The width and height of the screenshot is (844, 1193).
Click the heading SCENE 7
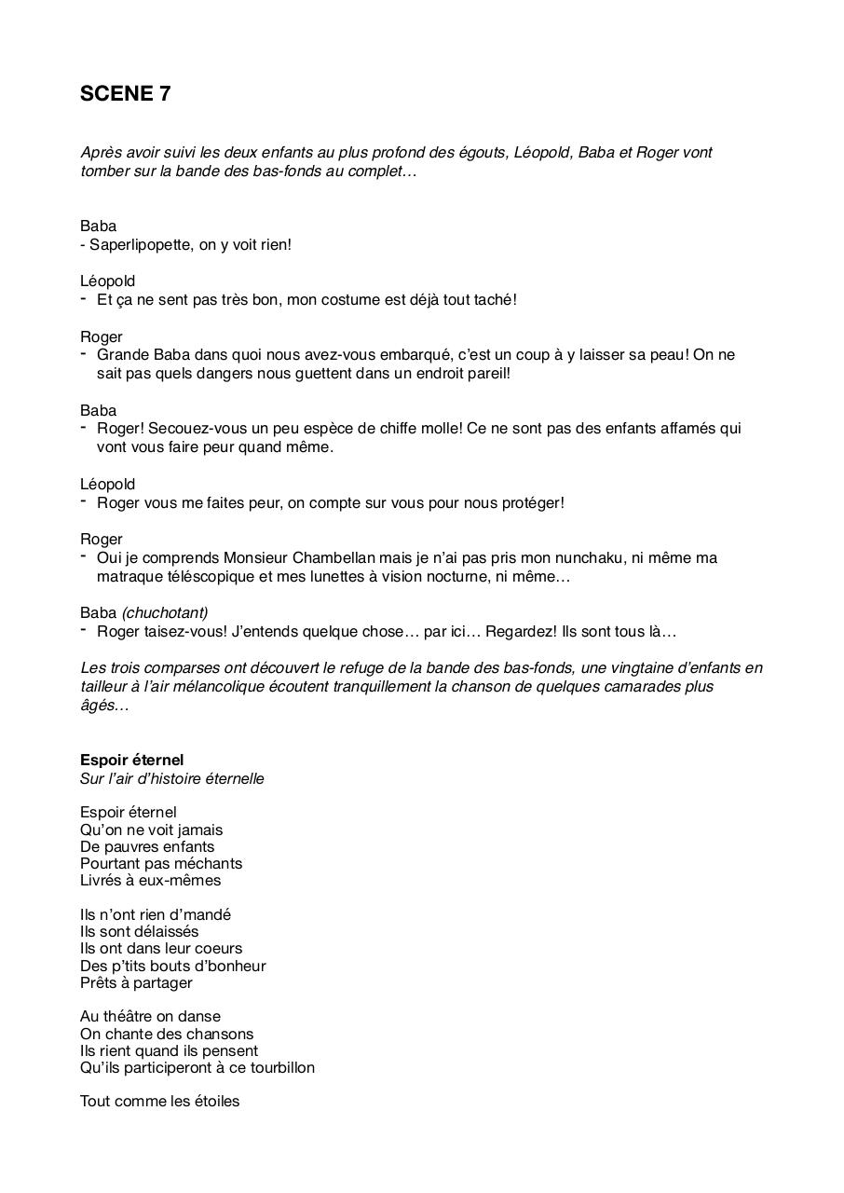pos(125,93)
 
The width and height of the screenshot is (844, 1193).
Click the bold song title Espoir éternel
pos(131,760)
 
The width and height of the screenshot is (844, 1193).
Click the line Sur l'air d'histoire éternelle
pos(171,778)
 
